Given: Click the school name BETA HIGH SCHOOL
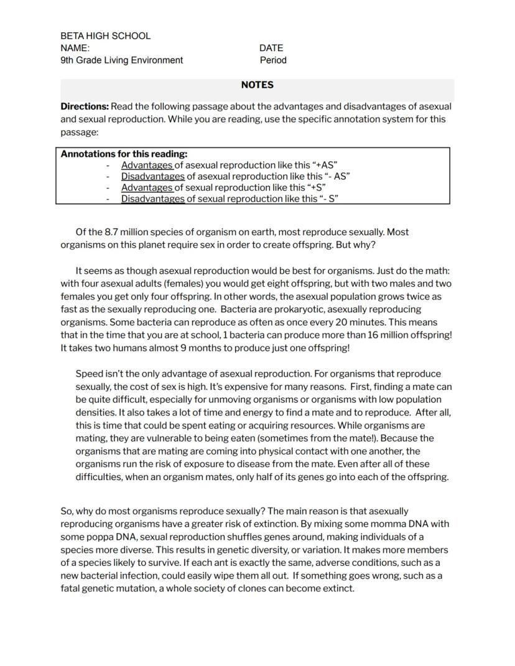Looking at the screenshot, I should [105, 36].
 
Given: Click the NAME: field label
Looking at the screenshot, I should [75, 48].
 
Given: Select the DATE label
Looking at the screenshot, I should [271, 48].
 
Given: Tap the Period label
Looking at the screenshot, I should [273, 60].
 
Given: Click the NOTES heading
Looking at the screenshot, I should [257, 85].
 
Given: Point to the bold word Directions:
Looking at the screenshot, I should [85, 106].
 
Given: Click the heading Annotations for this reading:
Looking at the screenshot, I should [124, 154].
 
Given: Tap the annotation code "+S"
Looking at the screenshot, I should [313, 188].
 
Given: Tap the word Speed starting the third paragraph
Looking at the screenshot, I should [88, 374].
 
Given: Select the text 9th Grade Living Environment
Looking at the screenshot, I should [122, 60].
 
